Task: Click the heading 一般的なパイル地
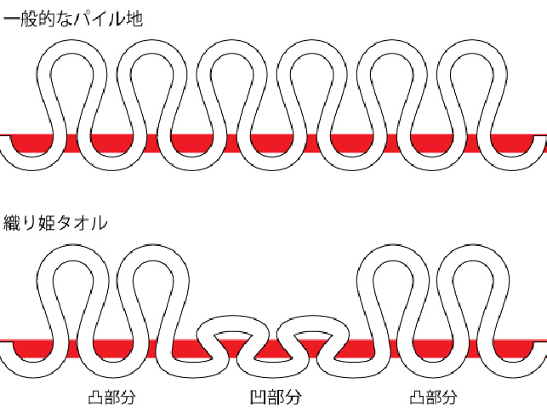tap(71, 18)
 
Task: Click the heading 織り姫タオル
tap(54, 224)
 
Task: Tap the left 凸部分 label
tap(112, 397)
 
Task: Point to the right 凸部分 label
tap(434, 397)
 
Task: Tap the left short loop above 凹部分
tap(233, 324)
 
